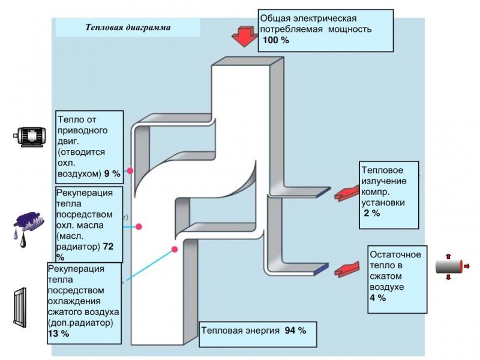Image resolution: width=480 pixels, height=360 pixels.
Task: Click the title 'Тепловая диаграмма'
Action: tap(128, 28)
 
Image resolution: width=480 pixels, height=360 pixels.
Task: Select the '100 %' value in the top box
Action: tap(276, 41)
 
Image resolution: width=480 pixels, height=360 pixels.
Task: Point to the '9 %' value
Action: tap(112, 173)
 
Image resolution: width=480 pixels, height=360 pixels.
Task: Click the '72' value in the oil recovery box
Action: tap(109, 247)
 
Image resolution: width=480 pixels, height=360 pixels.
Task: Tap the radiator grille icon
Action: tap(20, 307)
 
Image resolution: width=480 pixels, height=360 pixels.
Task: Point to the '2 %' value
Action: tap(371, 214)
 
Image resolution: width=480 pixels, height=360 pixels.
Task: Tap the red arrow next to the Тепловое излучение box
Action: tap(344, 194)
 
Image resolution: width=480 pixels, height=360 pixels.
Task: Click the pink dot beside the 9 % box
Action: tap(130, 171)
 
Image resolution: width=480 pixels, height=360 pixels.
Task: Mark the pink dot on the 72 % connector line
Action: tap(139, 227)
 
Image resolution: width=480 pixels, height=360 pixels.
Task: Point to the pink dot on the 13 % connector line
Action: tap(175, 249)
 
